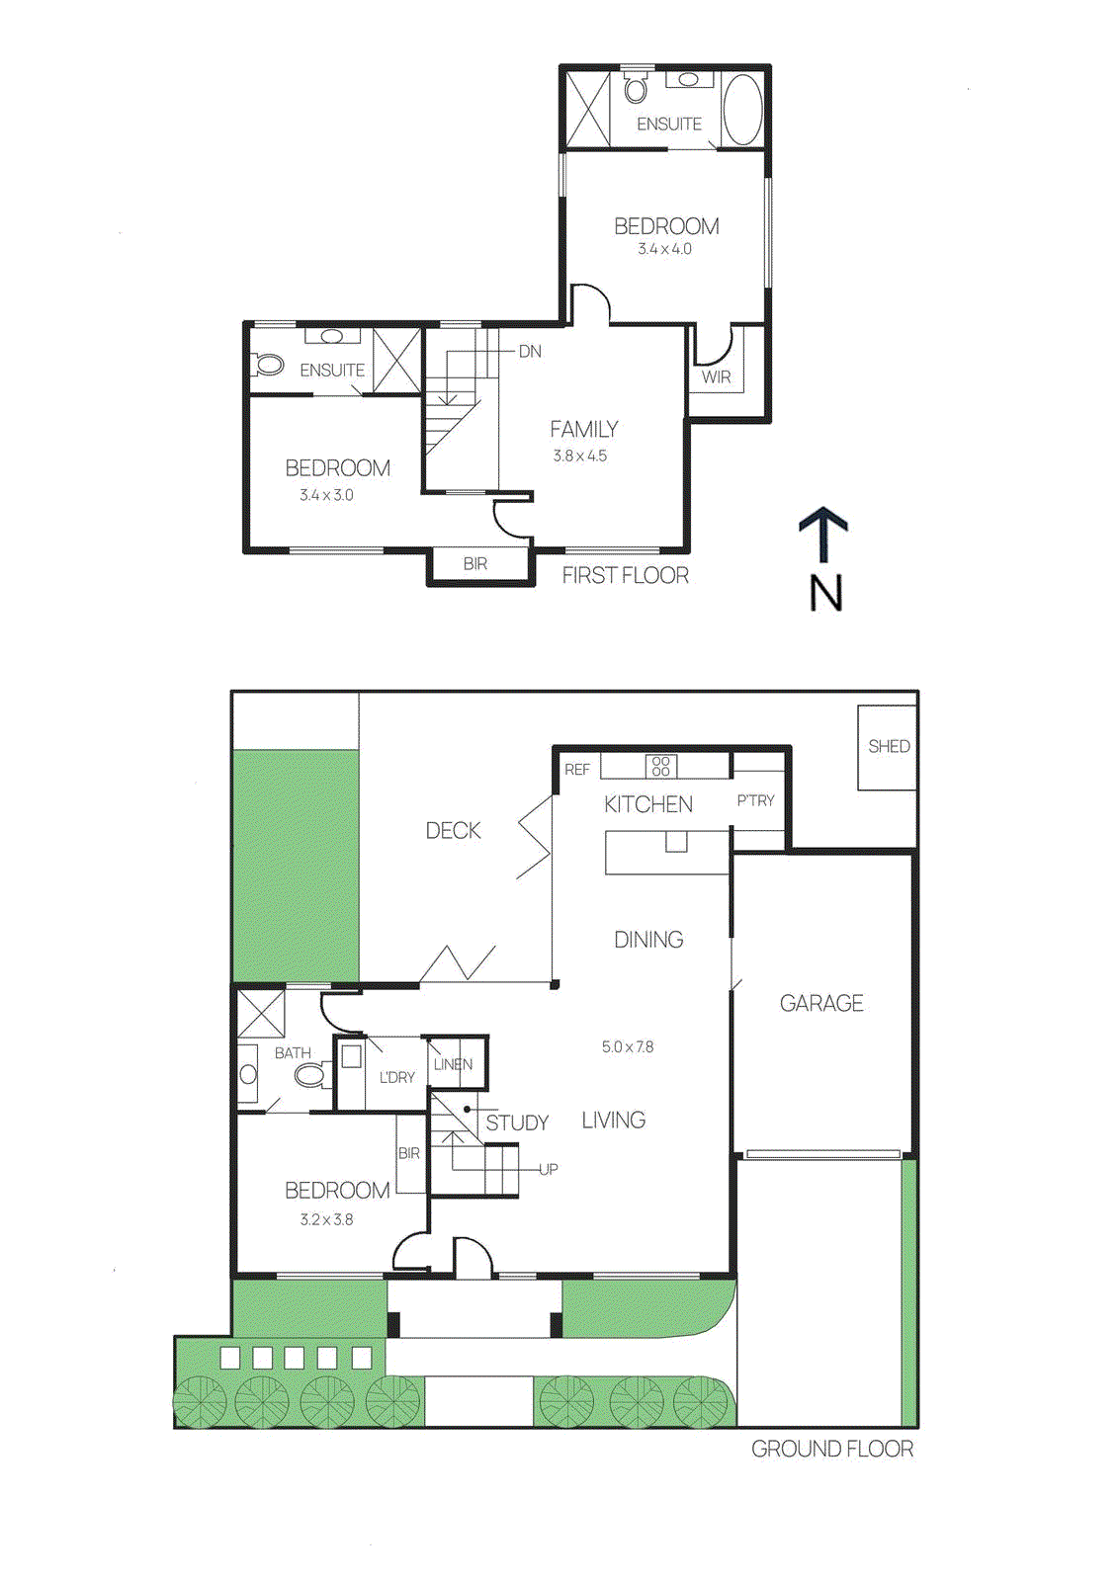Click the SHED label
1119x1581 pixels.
tap(888, 747)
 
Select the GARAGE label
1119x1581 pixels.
tap(821, 1004)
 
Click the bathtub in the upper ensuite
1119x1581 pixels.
tap(742, 110)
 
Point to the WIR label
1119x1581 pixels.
tap(716, 377)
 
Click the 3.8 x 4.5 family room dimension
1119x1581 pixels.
tap(579, 457)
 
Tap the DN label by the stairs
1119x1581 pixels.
tap(530, 352)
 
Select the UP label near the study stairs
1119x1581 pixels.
tap(548, 1169)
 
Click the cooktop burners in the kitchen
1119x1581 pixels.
tap(661, 766)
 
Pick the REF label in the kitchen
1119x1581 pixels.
tap(577, 770)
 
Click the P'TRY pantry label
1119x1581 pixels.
tap(755, 801)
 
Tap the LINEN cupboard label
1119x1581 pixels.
tap(453, 1064)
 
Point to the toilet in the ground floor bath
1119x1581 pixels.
tap(312, 1073)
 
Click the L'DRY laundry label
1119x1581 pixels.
tap(397, 1077)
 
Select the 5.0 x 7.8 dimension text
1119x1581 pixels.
tap(627, 1047)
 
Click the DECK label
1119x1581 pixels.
tap(453, 831)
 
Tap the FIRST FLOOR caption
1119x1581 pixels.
tap(625, 576)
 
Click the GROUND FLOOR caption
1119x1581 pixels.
tap(831, 1450)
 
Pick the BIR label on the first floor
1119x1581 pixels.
tap(474, 564)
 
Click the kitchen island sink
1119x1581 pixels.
tap(676, 841)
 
